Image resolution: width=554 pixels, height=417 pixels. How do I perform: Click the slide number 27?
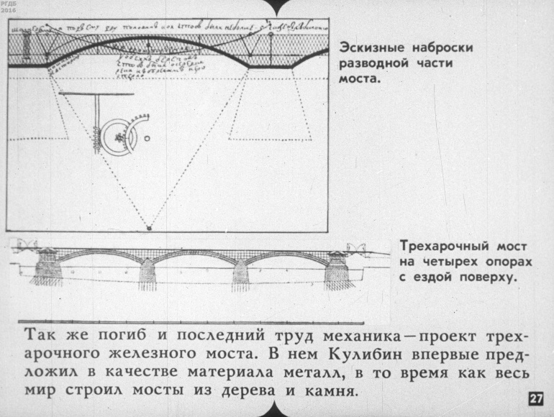pyautogui.click(x=536, y=399)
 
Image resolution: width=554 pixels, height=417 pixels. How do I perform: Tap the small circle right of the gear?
pyautogui.click(x=147, y=136)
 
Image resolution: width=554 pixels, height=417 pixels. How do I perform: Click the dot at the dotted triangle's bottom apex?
pyautogui.click(x=149, y=228)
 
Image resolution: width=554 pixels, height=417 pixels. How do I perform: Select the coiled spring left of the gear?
pyautogui.click(x=95, y=137)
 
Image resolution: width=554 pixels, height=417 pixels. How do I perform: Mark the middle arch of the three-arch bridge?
pyautogui.click(x=194, y=256)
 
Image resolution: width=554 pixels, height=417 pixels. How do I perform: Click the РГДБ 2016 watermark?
pyautogui.click(x=9, y=8)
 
